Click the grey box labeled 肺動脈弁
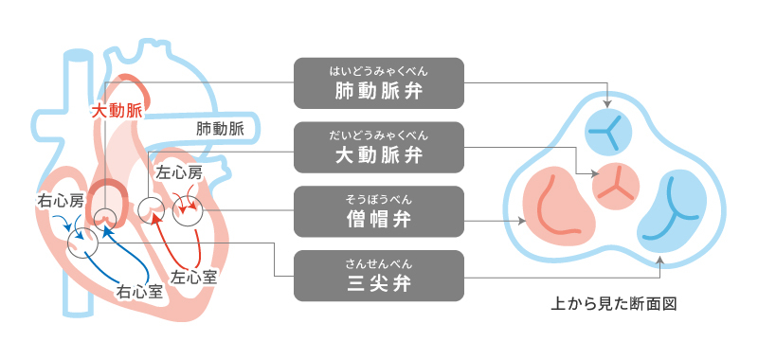[379, 82]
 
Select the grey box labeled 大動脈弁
[379, 146]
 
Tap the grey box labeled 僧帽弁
[379, 210]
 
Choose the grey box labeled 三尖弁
[379, 275]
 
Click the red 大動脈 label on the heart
[117, 111]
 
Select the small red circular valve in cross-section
[617, 184]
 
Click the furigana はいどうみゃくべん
[379, 69]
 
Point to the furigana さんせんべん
[379, 261]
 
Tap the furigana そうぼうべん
[379, 197]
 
